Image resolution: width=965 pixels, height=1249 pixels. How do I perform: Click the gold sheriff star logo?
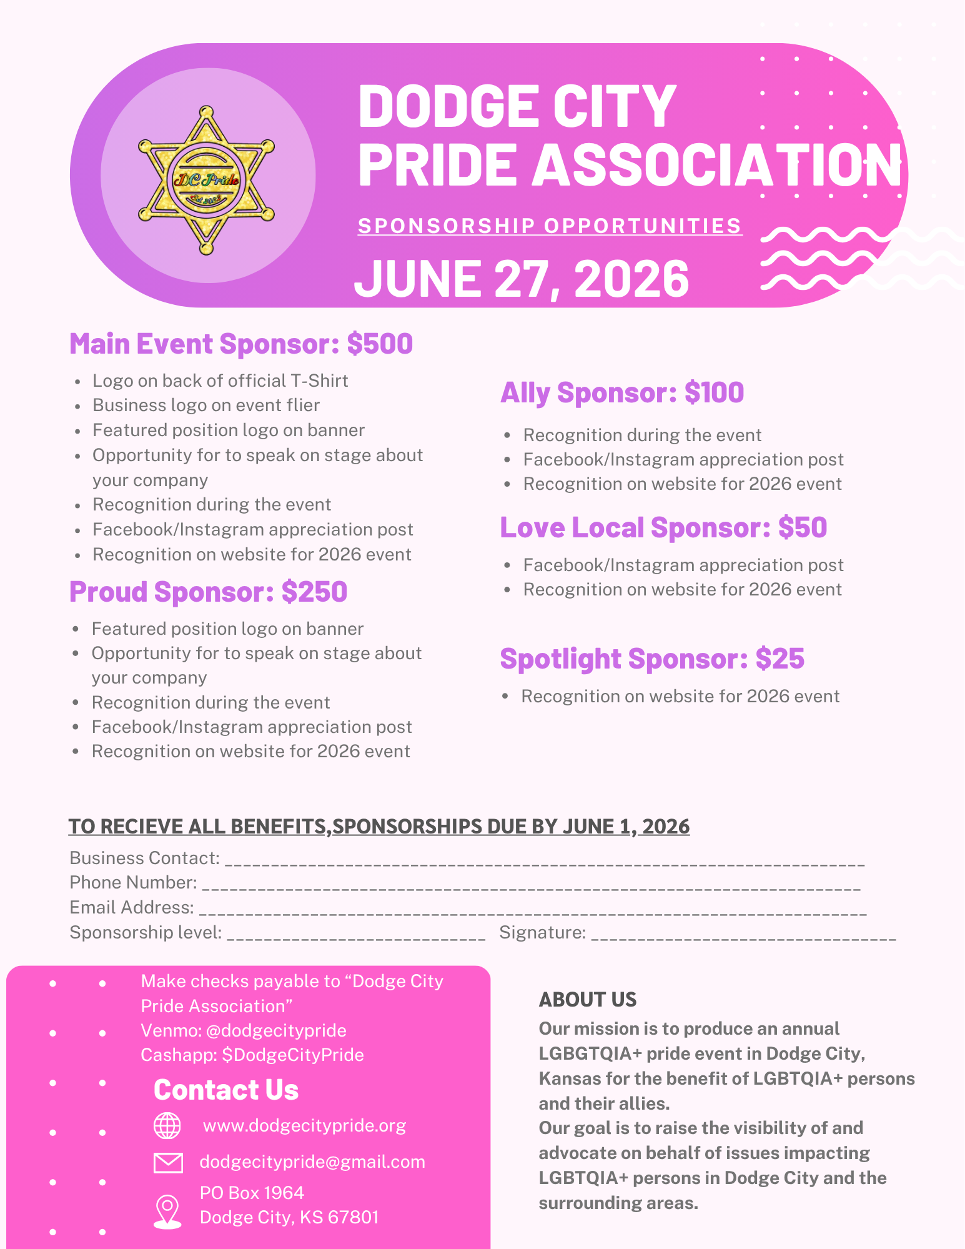pos(206,180)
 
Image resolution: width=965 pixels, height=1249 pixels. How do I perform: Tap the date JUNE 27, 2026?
pos(522,279)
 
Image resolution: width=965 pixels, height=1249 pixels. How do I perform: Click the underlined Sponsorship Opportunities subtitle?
pos(550,226)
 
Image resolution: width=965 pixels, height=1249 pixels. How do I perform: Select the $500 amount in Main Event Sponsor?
pos(380,344)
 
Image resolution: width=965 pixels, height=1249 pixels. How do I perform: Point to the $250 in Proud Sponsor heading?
pos(314,592)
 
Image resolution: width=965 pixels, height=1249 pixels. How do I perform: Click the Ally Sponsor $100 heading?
pos(622,393)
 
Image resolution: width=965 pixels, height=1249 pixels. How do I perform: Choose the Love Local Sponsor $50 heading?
pos(663,528)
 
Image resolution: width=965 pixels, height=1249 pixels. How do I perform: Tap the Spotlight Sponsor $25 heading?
pos(652,659)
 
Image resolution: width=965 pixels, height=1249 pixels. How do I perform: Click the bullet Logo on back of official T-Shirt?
pos(220,381)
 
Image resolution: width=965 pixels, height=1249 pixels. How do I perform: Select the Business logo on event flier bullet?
pos(206,406)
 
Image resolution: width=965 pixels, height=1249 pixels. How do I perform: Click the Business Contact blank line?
pos(544,862)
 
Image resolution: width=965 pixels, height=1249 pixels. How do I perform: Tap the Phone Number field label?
pos(133,882)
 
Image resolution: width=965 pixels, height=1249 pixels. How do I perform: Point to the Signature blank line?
pos(743,937)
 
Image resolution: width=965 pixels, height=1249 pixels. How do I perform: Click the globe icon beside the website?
pos(167,1126)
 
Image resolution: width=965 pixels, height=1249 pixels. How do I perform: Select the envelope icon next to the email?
pos(168,1162)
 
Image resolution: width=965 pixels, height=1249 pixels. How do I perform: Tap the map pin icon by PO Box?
pos(167,1211)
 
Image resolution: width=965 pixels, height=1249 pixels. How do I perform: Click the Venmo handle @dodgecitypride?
pos(276,1030)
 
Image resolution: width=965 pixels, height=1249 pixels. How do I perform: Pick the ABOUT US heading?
pos(587,1000)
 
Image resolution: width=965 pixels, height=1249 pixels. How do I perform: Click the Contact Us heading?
pos(226,1090)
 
